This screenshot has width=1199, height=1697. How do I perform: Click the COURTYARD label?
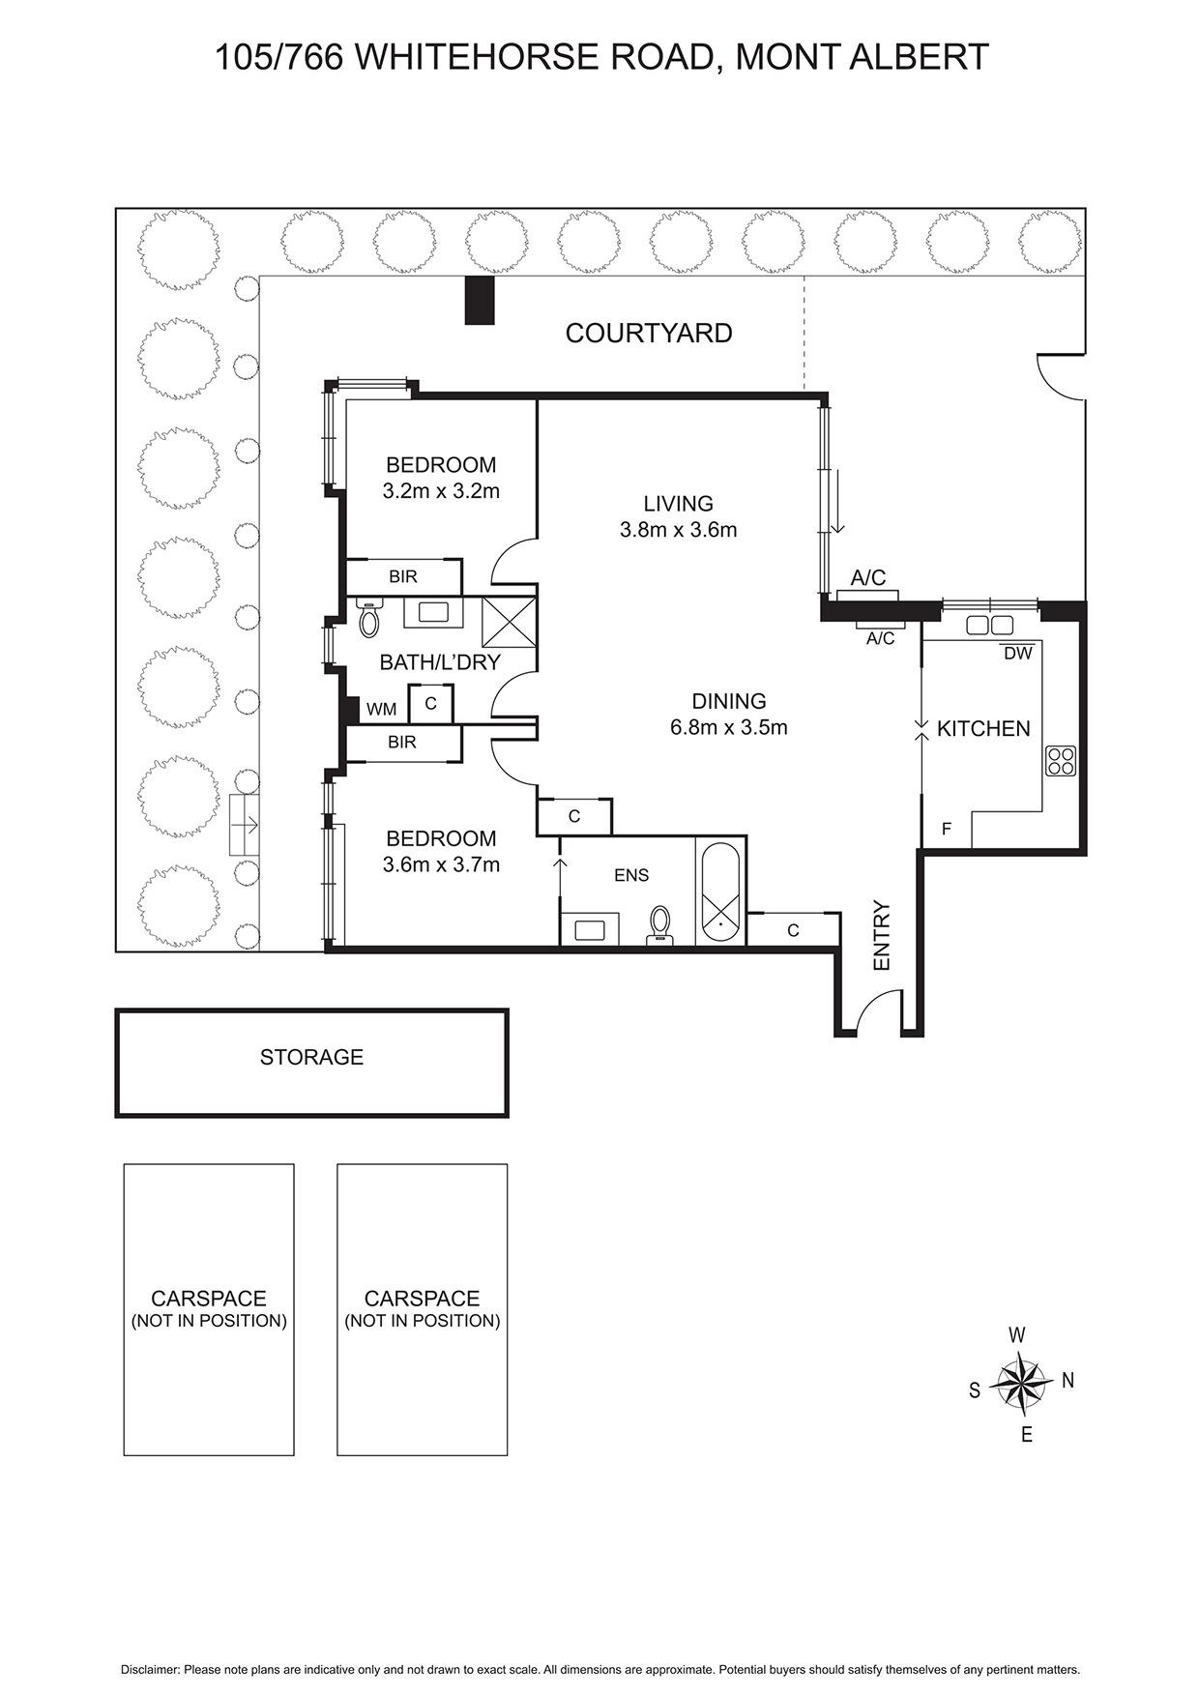point(648,333)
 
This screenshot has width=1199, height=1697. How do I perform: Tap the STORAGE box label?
point(311,1057)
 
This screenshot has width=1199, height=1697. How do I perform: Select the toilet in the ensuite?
point(660,922)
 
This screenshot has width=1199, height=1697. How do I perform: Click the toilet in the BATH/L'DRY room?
point(368,618)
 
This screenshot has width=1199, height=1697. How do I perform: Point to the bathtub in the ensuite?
point(719,893)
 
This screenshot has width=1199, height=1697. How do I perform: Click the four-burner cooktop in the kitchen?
point(1061,761)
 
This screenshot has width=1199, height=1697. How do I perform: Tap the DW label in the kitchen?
point(1017,654)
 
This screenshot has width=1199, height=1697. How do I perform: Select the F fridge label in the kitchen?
point(947,829)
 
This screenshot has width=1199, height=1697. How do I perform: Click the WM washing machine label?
point(381,709)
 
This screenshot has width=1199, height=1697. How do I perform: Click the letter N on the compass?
point(1067,1381)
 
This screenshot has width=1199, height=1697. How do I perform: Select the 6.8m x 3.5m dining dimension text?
point(728,727)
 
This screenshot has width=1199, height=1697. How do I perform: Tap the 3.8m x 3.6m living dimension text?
point(678,530)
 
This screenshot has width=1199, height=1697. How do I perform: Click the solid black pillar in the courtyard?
point(480,300)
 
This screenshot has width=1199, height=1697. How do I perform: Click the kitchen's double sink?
point(989,625)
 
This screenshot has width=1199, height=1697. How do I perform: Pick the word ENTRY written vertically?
point(881,936)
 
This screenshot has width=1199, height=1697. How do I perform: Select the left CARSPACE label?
point(208,1299)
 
